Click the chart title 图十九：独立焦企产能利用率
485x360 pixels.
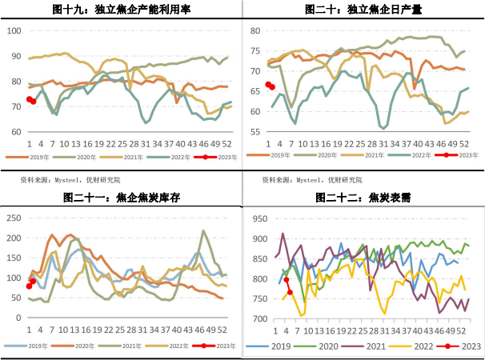[x=121, y=10]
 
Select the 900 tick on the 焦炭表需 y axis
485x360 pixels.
[x=258, y=238]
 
